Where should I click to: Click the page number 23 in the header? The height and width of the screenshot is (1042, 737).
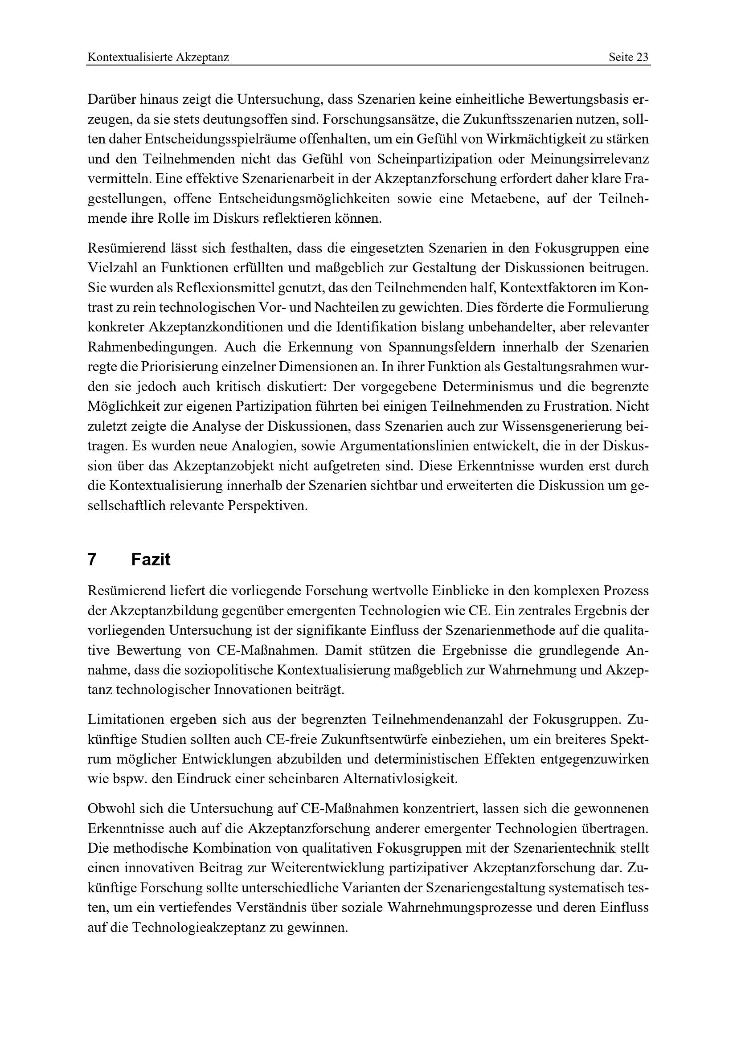[x=643, y=57]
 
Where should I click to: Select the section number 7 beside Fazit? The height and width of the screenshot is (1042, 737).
[x=92, y=560]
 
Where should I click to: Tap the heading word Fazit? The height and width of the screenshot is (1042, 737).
[x=151, y=560]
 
